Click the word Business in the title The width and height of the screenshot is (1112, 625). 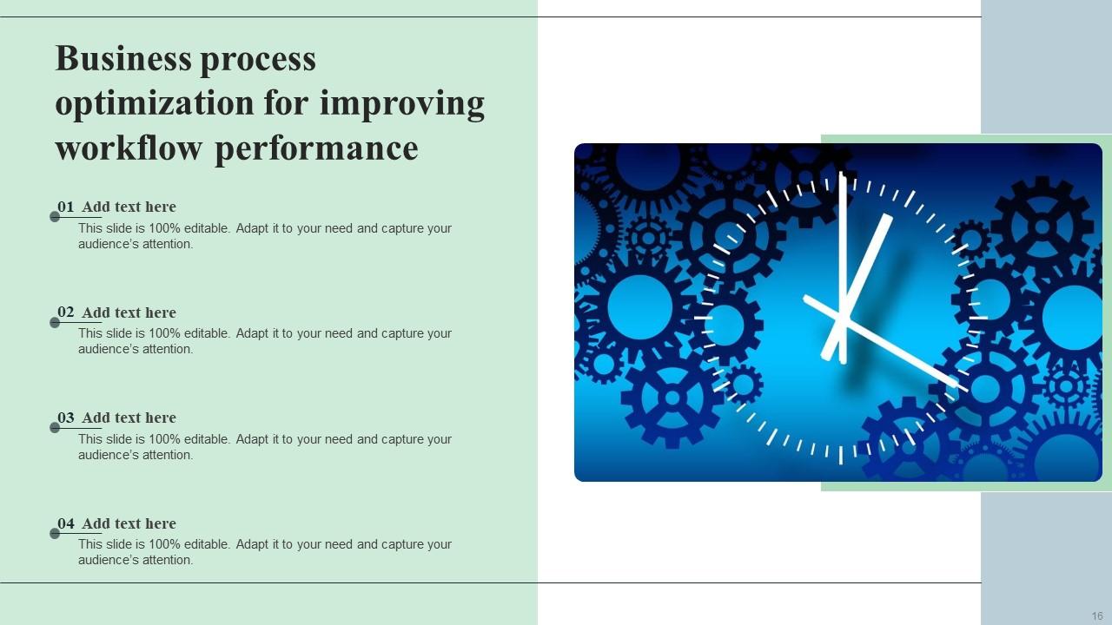122,59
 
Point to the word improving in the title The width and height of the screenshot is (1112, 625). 401,104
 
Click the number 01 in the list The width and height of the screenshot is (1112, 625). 66,207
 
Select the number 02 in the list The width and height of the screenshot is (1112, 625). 66,312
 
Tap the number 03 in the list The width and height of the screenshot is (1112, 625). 66,418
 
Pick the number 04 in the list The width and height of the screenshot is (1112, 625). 66,523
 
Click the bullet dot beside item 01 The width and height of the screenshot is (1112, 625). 55,217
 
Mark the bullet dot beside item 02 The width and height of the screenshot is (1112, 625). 55,323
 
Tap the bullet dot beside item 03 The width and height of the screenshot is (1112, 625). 55,428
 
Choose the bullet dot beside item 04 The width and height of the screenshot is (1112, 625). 55,534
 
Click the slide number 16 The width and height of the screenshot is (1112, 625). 1097,616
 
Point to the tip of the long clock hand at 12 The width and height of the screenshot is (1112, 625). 841,175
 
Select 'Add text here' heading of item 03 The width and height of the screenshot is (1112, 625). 129,418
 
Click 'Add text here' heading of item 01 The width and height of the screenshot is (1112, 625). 129,207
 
